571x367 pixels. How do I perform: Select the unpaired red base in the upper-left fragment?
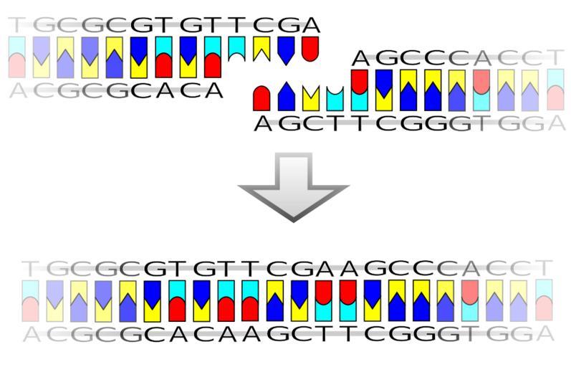(x=310, y=49)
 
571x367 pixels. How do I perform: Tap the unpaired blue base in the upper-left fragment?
(x=286, y=51)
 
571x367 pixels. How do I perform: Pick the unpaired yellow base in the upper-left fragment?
(x=261, y=49)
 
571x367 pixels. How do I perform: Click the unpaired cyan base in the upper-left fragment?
(x=237, y=49)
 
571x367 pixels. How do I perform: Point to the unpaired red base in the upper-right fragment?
(x=261, y=98)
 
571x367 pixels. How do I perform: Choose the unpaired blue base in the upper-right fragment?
(x=287, y=96)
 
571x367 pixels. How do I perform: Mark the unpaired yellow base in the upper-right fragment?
(x=311, y=98)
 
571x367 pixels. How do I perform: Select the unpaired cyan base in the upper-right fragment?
(x=335, y=98)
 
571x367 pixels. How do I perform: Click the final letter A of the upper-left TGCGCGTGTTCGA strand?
(x=311, y=25)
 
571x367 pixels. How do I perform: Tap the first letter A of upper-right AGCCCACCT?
(x=360, y=58)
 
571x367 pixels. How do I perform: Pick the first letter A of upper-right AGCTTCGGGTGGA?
(x=262, y=123)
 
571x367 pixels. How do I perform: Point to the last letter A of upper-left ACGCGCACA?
(x=213, y=90)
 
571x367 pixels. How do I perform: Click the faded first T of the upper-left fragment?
(x=15, y=25)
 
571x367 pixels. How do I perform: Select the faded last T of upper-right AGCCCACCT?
(x=556, y=58)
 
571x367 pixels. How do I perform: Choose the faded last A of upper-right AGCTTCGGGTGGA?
(x=557, y=123)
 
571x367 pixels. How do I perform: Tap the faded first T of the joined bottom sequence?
(x=29, y=269)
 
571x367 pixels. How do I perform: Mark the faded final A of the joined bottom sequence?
(x=544, y=334)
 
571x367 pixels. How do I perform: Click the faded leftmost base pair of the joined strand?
(x=30, y=300)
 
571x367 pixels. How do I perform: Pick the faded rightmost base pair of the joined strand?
(x=544, y=300)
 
